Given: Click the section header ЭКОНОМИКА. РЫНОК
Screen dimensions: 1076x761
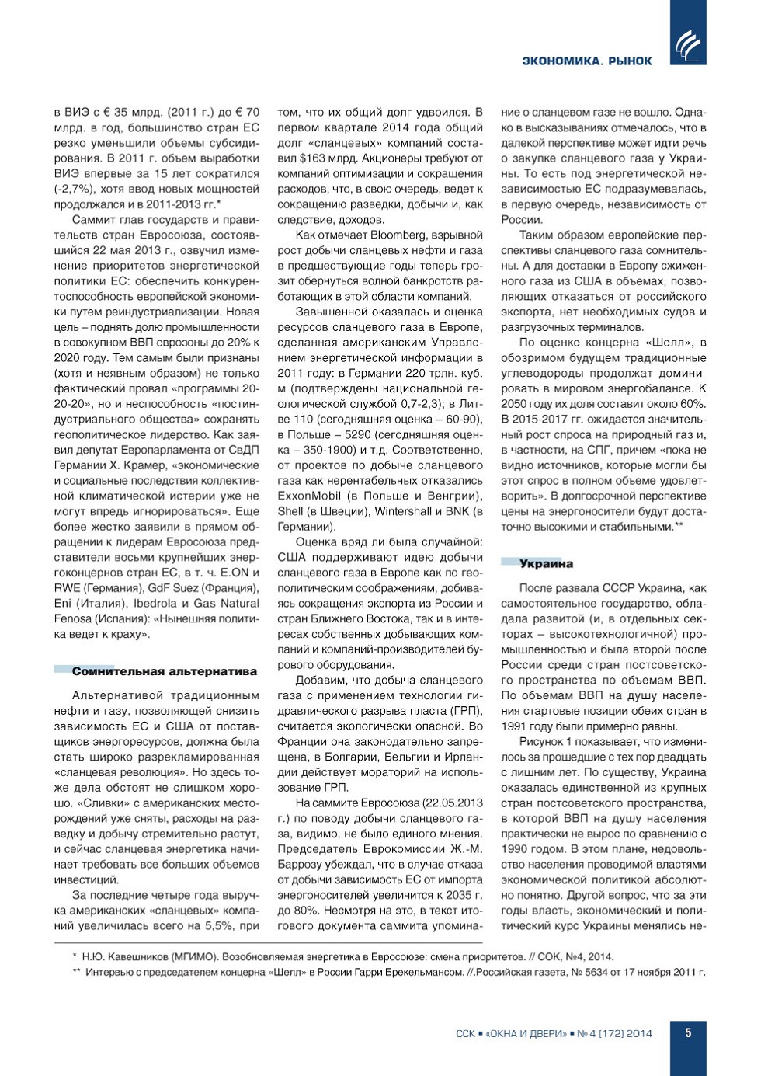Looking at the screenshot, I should pyautogui.click(x=586, y=61).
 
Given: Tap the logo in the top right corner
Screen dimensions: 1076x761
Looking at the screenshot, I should pyautogui.click(x=688, y=46).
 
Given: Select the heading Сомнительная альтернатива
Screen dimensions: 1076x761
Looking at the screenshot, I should pyautogui.click(x=164, y=671).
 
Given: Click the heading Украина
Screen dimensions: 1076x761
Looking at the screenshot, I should pyautogui.click(x=546, y=564).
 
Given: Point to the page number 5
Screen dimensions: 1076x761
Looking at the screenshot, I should pyautogui.click(x=688, y=1033).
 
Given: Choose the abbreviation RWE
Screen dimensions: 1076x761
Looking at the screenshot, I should pyautogui.click(x=67, y=588).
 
